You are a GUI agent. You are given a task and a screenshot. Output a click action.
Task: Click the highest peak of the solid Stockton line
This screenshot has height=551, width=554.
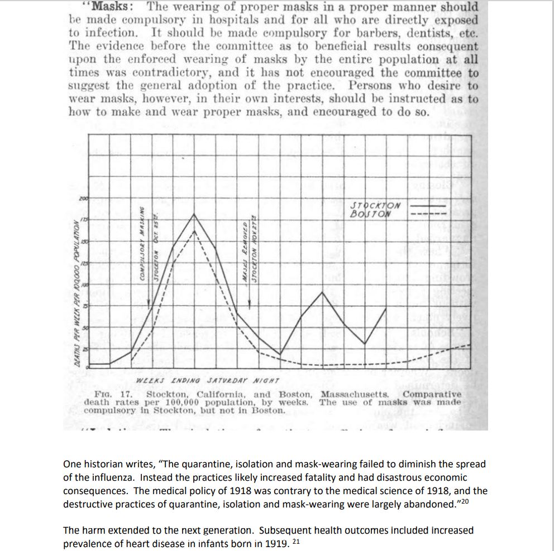pos(194,214)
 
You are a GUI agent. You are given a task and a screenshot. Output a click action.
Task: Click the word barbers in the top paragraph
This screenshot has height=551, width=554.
pos(348,33)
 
